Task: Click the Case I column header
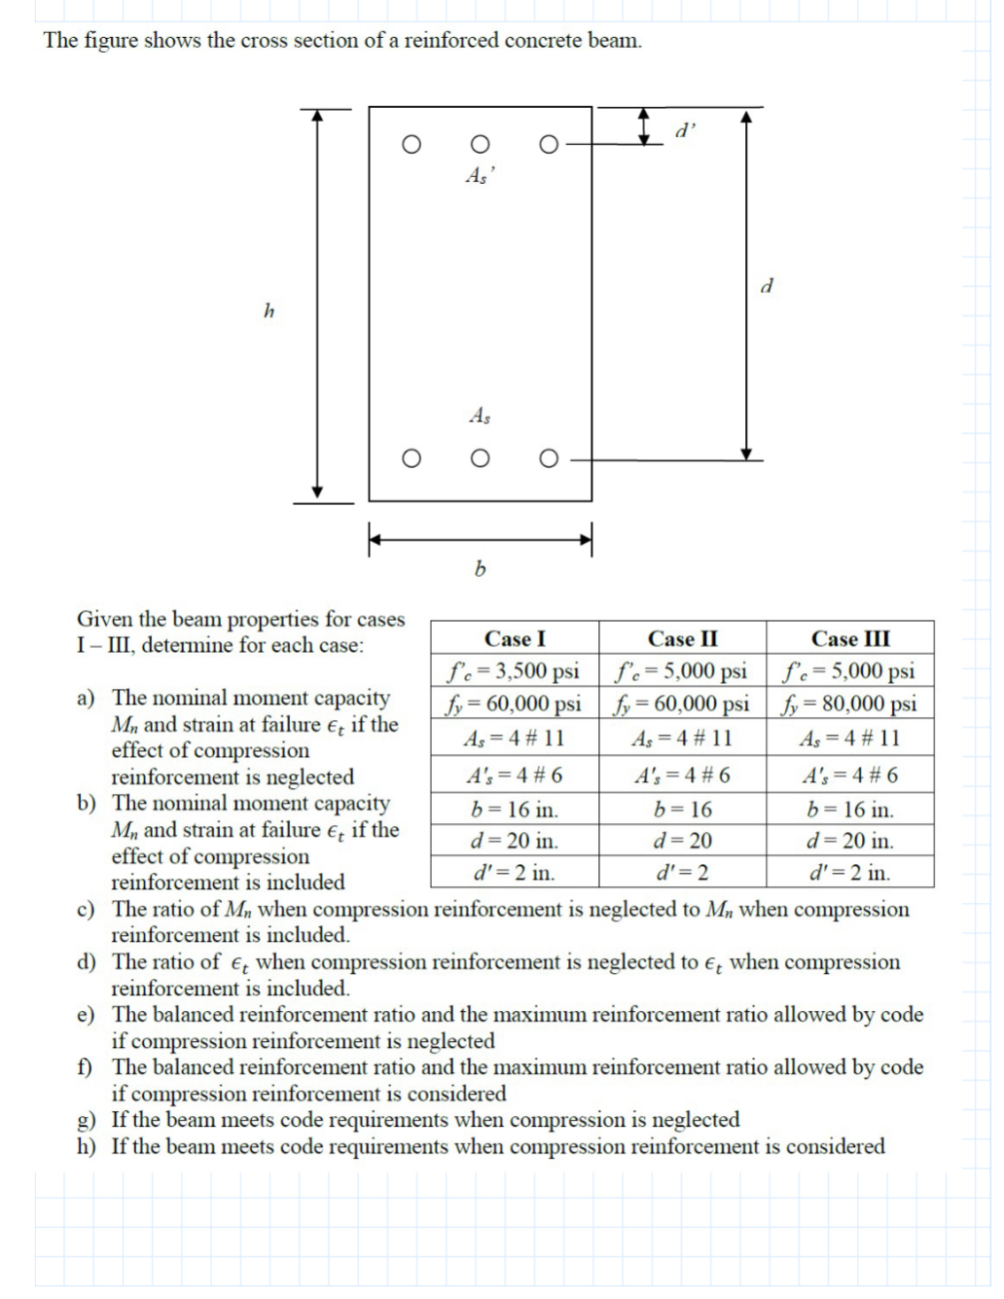coord(515,639)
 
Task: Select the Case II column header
coord(682,639)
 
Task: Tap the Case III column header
coord(850,639)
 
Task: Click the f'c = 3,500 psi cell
coord(514,671)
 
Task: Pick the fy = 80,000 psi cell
coord(850,704)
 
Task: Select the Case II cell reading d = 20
coord(682,841)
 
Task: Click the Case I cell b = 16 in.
coord(514,810)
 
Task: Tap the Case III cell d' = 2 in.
coord(850,873)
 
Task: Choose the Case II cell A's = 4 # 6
coord(682,776)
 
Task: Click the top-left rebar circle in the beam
coord(412,145)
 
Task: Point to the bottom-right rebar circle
coord(549,459)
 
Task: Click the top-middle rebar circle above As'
coord(479,145)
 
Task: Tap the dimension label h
coord(269,311)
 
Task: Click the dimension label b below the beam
coord(479,568)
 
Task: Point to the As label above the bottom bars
coord(480,416)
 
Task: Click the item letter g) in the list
coord(87,1121)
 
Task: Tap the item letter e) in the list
coord(87,1016)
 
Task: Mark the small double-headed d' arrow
coord(643,126)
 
